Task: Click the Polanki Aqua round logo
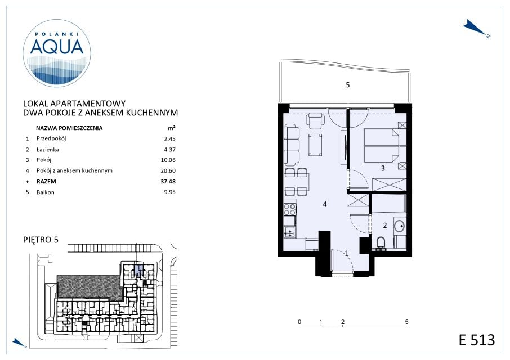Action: click(x=57, y=53)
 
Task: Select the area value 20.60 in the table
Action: click(x=168, y=170)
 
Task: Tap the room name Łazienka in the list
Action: click(x=47, y=150)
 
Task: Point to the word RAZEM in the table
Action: click(x=46, y=181)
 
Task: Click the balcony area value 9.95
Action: click(x=170, y=192)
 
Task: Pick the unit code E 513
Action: click(x=477, y=340)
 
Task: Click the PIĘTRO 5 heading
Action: click(x=41, y=240)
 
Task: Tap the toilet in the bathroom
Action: click(x=380, y=244)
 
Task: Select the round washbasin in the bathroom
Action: click(x=399, y=225)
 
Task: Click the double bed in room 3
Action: click(x=382, y=145)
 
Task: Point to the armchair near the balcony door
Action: click(x=315, y=121)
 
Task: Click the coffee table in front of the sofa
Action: click(x=315, y=145)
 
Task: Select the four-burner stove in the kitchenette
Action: click(x=289, y=209)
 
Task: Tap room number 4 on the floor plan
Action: click(x=325, y=204)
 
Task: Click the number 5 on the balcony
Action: click(x=348, y=85)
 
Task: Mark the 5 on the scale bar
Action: click(x=406, y=322)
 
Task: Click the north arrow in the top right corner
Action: click(x=476, y=28)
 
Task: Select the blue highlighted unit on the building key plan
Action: click(x=138, y=270)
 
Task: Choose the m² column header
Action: click(x=172, y=128)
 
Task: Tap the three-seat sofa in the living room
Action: click(x=292, y=145)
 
